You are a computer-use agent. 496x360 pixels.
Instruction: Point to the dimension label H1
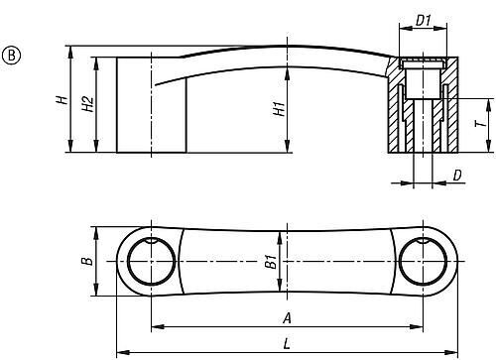[279, 108]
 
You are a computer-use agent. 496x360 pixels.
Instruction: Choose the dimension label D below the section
[457, 175]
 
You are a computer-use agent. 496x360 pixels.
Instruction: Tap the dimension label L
[286, 344]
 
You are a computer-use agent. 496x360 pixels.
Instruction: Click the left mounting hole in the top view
[151, 263]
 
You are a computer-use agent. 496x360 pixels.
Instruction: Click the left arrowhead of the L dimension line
[121, 351]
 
